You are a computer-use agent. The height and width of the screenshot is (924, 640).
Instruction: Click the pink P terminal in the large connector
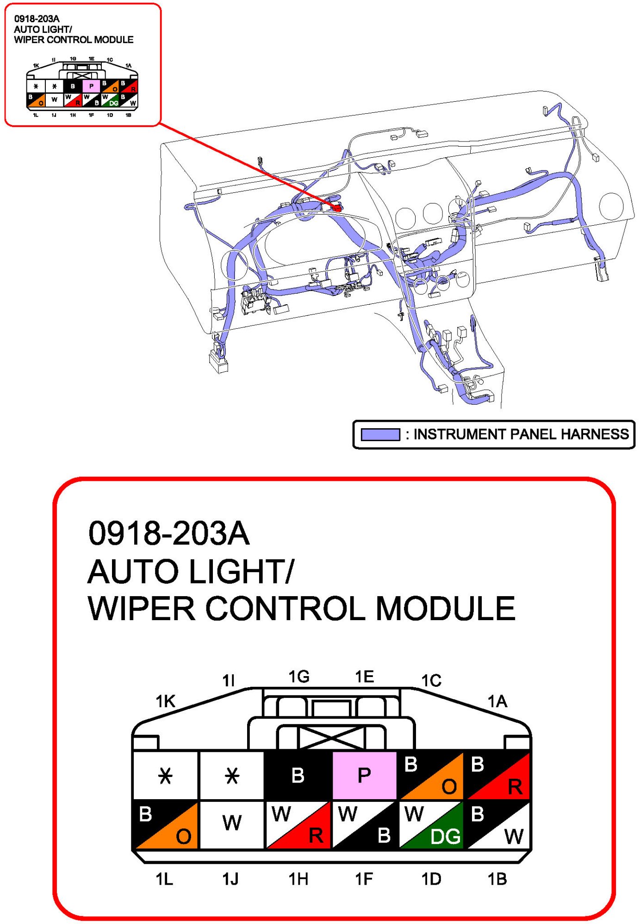(364, 775)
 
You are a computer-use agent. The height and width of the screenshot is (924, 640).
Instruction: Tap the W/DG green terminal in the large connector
(431, 825)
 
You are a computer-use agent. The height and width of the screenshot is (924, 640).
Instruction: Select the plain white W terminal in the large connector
(231, 825)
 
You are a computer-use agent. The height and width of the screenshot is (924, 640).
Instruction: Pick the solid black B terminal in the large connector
(298, 775)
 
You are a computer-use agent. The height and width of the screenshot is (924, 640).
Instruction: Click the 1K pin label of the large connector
(165, 701)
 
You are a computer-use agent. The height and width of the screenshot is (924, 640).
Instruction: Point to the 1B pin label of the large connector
(497, 879)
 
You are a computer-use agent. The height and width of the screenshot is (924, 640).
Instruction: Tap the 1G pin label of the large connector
(298, 677)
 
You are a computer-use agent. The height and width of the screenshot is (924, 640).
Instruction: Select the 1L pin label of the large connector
(164, 879)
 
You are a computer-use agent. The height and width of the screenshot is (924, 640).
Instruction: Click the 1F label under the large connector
(364, 879)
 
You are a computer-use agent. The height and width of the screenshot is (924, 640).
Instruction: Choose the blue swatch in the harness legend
(380, 434)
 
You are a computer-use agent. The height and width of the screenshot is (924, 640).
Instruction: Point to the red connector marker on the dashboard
(336, 208)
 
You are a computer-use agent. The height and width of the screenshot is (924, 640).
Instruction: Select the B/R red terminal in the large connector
(497, 775)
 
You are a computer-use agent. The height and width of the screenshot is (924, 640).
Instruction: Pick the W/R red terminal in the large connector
(298, 825)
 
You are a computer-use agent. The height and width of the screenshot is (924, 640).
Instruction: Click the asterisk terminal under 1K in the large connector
(165, 775)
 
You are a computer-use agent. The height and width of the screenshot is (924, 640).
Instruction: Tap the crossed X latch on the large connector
(331, 737)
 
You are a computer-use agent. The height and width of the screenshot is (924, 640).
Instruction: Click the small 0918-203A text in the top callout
(37, 18)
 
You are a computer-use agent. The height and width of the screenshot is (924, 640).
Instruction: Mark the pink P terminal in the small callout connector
(91, 86)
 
